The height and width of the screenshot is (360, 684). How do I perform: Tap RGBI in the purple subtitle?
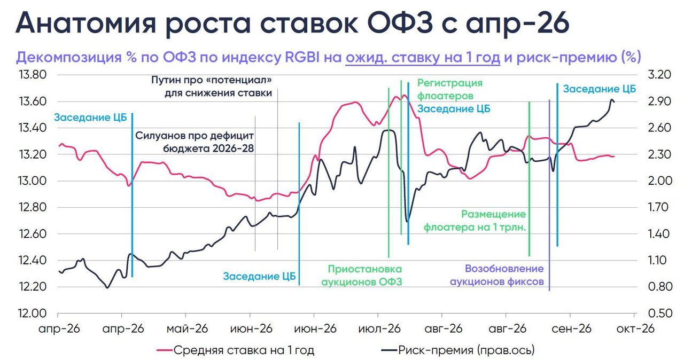click(302, 57)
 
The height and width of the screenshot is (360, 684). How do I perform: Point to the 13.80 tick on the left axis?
click(33, 74)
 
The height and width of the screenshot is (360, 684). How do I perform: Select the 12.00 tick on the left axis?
click(33, 314)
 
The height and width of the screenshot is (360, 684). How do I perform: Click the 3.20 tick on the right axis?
click(659, 74)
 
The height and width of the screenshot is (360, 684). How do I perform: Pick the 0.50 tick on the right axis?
click(659, 314)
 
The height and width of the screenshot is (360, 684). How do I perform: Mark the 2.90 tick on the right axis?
click(659, 101)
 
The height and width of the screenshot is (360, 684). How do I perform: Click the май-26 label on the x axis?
click(187, 328)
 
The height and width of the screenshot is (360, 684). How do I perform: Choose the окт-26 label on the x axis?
click(635, 328)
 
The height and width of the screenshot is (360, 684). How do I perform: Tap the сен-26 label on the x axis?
click(571, 328)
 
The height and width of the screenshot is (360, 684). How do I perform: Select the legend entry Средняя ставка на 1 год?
click(236, 350)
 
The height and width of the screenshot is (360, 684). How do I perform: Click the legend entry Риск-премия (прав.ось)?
click(458, 350)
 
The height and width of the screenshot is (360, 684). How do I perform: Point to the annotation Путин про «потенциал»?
click(212, 80)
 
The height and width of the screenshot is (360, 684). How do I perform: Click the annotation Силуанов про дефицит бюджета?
click(194, 142)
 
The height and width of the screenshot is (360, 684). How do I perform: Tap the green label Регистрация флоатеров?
click(450, 89)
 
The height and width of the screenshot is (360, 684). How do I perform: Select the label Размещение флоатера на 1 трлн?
click(475, 221)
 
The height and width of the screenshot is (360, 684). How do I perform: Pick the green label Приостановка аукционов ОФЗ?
click(362, 275)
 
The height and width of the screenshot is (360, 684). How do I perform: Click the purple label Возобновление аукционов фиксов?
click(497, 275)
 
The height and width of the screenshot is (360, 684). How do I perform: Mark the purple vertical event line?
click(549, 195)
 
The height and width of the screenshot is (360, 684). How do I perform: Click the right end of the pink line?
click(614, 156)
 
